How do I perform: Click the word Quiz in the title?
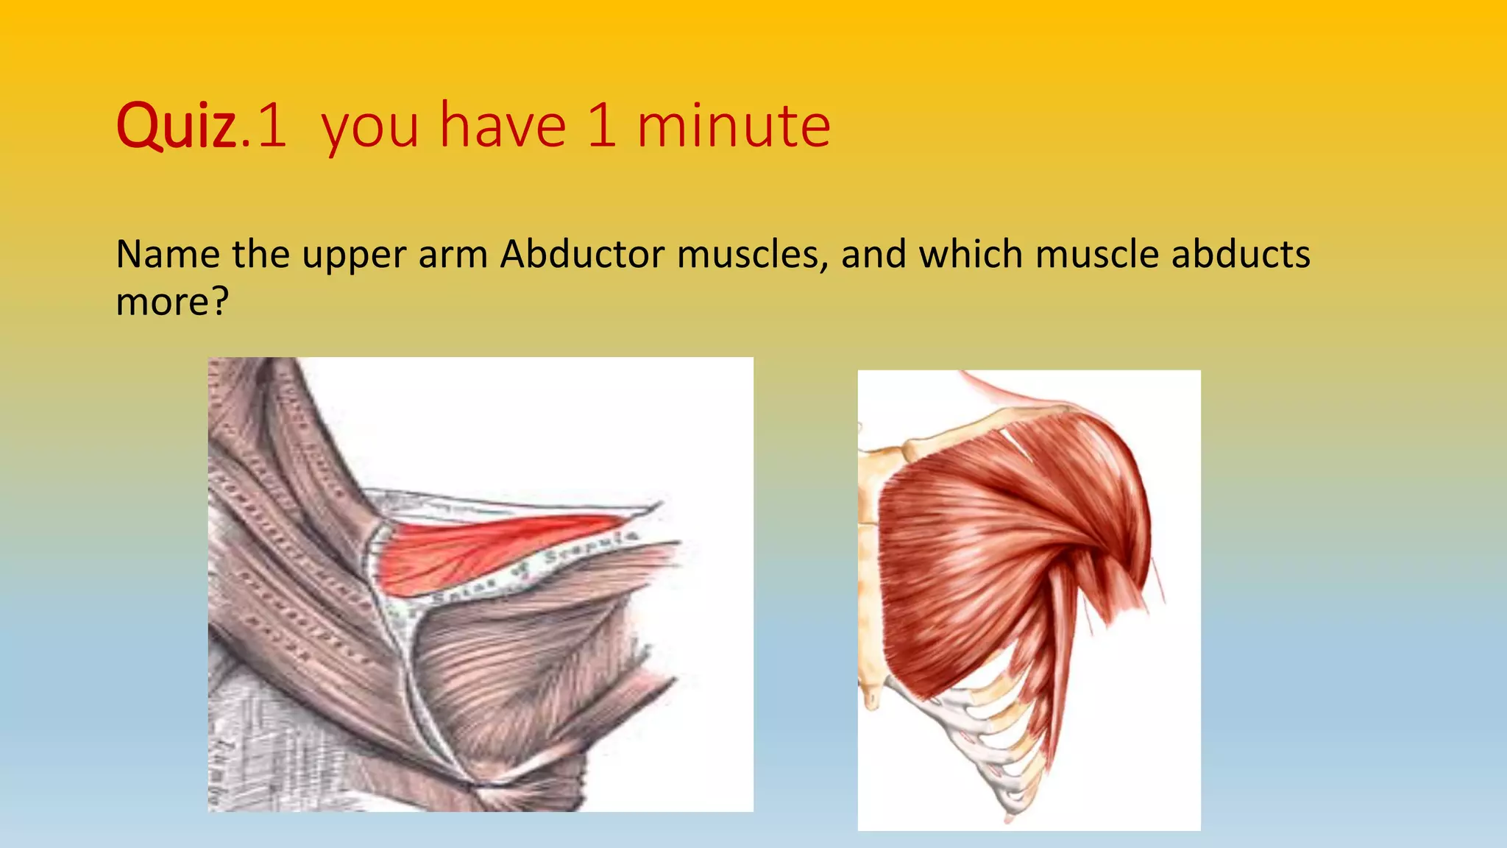click(x=176, y=126)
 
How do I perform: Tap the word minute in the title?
click(x=734, y=126)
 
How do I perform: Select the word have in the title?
click(x=503, y=126)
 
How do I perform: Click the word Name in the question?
click(x=167, y=255)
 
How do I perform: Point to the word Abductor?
click(x=583, y=255)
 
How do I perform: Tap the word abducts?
click(x=1241, y=255)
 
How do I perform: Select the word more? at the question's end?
click(x=172, y=302)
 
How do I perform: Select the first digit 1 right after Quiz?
click(x=272, y=126)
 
